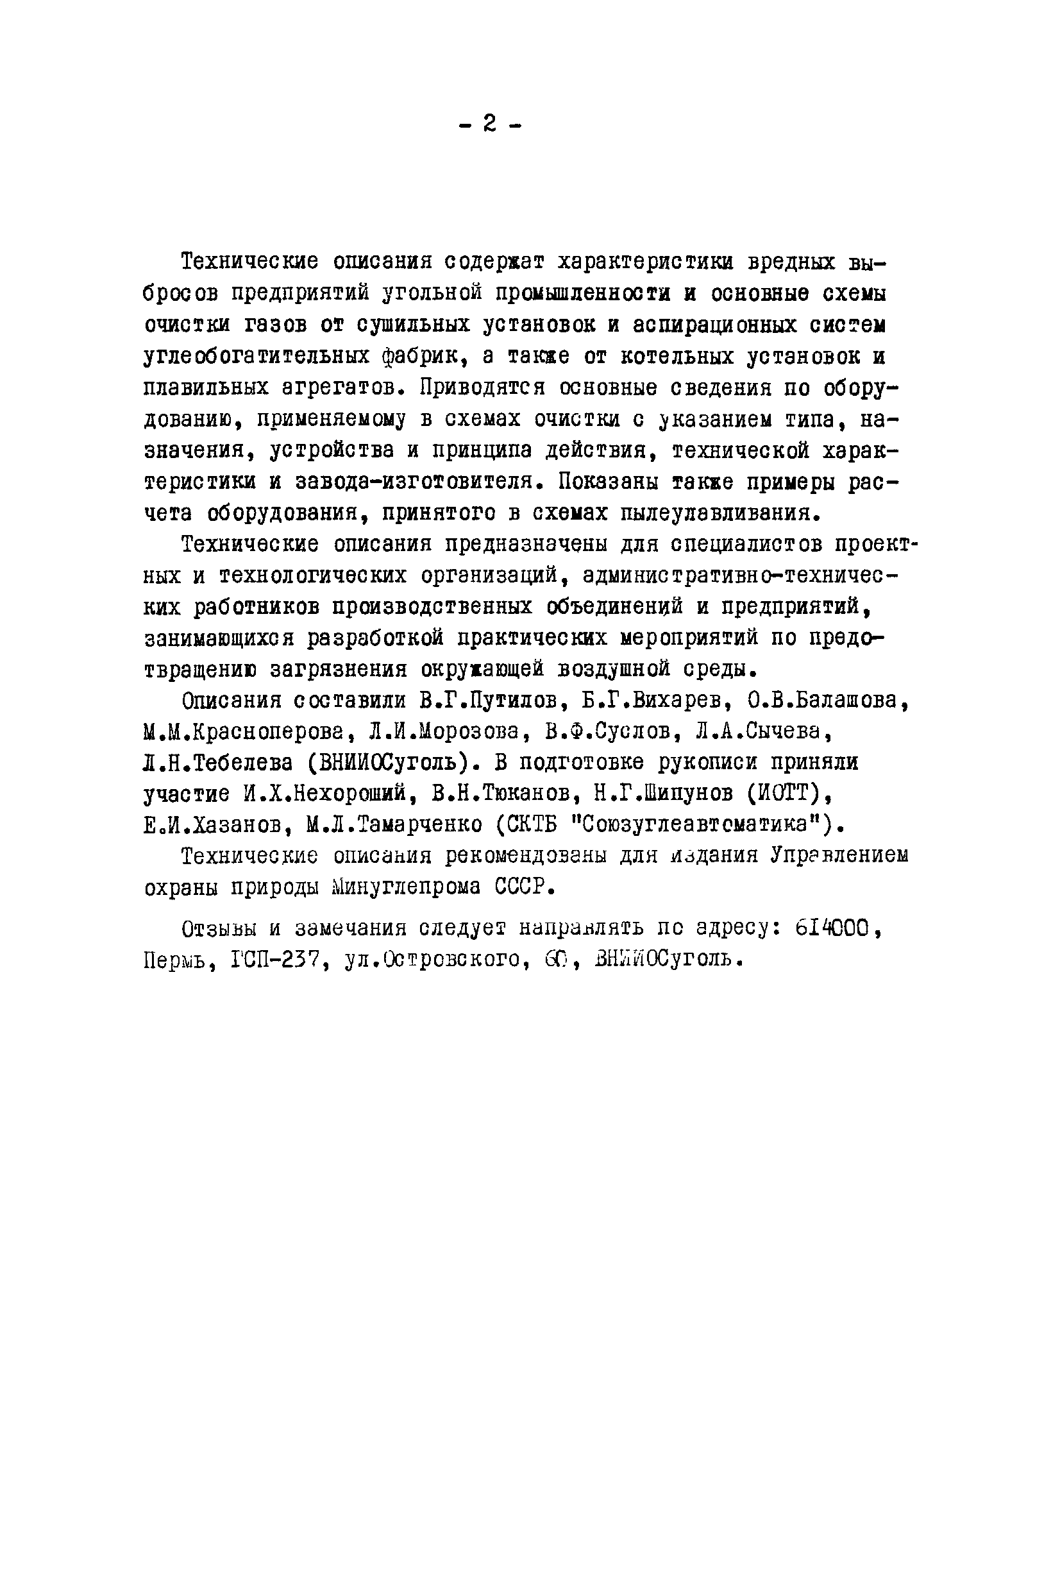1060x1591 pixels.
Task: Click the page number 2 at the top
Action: click(489, 124)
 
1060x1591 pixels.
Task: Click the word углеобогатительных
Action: click(257, 357)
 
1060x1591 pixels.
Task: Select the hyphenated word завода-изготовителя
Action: click(420, 482)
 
